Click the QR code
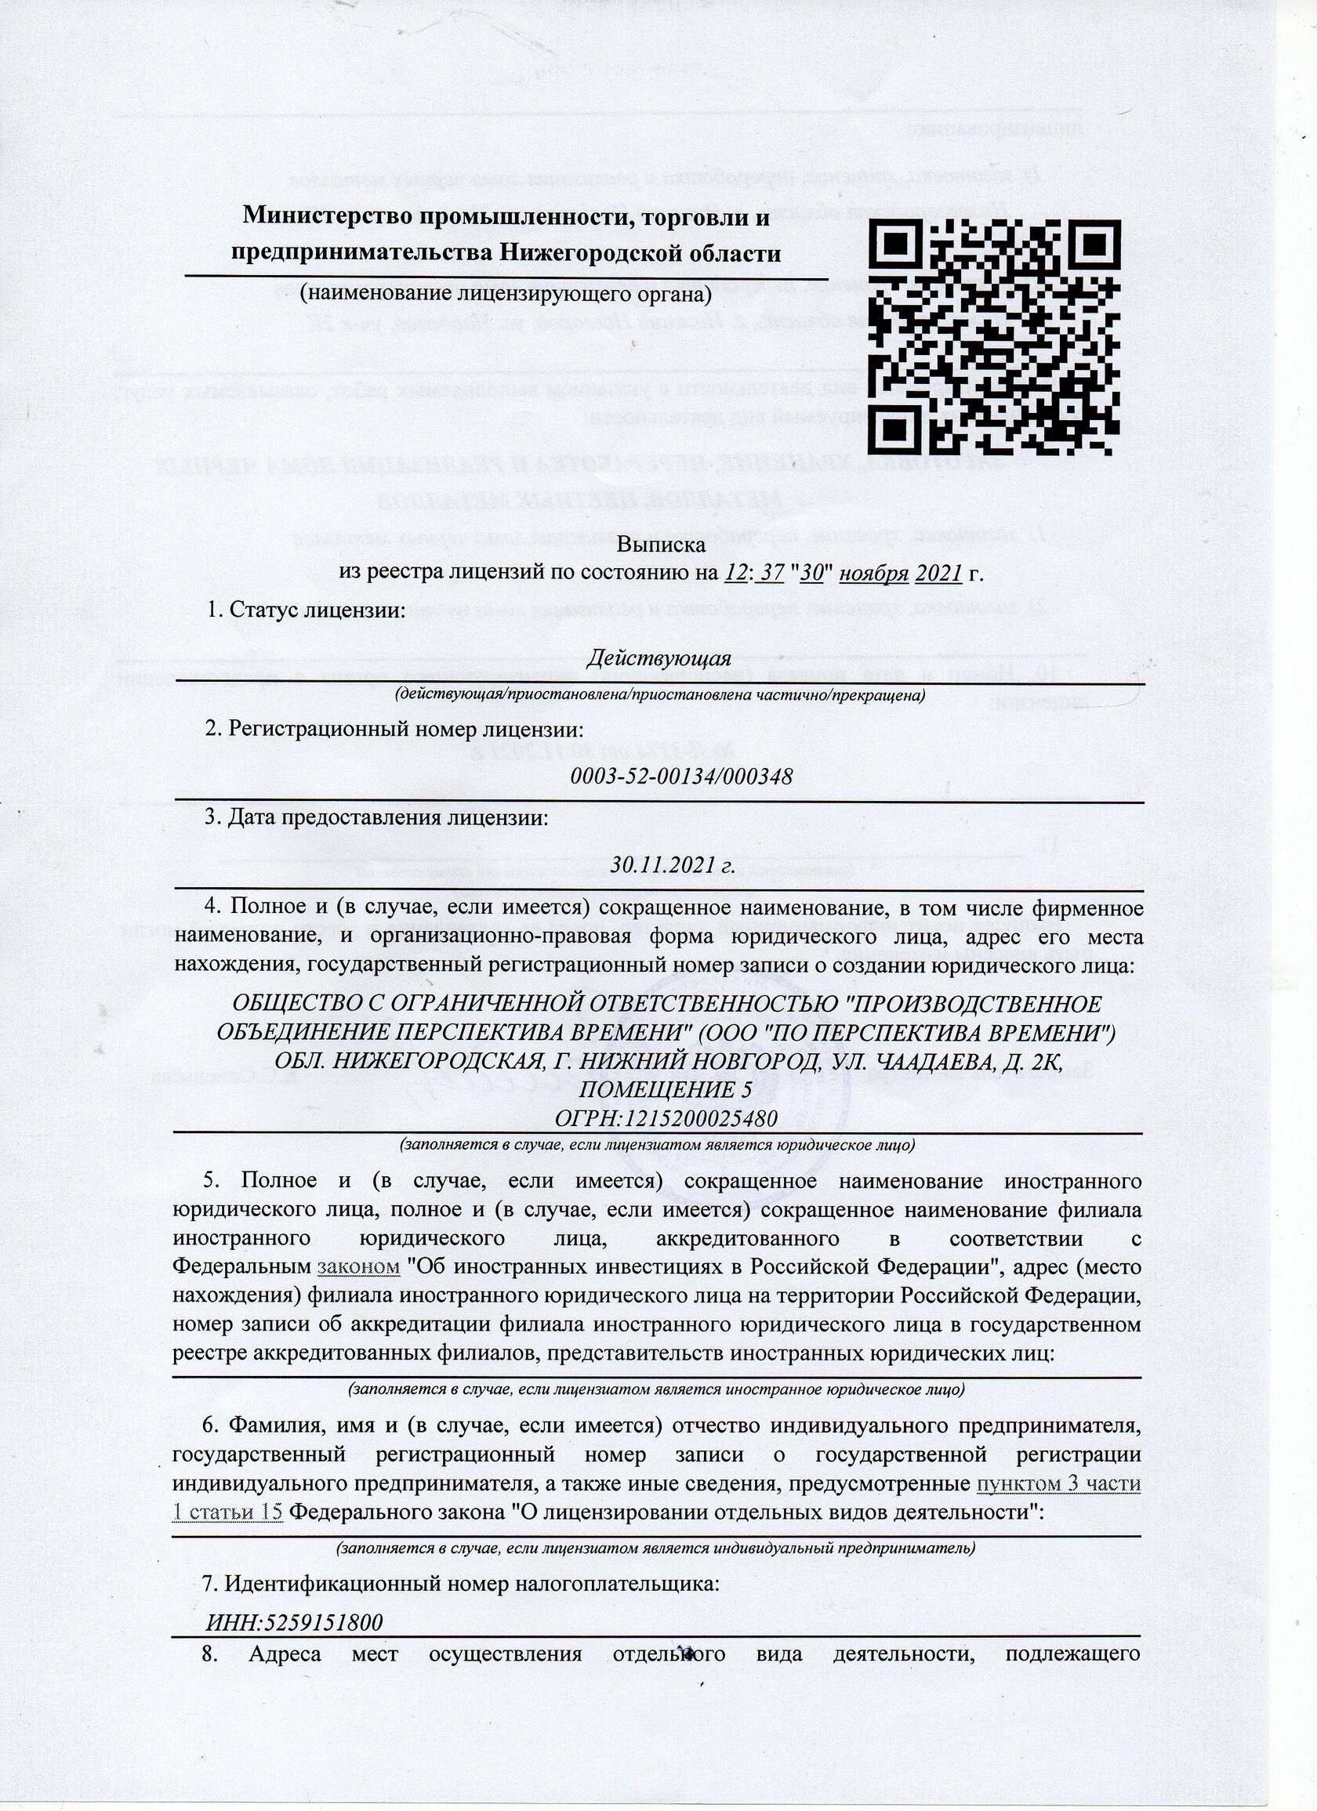pyautogui.click(x=993, y=336)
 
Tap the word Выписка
pyautogui.click(x=661, y=545)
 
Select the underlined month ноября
pyautogui.click(x=875, y=574)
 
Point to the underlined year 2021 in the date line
pyautogui.click(x=938, y=574)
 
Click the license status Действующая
pyautogui.click(x=659, y=659)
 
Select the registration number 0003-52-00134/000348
pyautogui.click(x=681, y=776)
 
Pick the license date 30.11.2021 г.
pyautogui.click(x=673, y=865)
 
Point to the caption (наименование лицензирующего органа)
pyautogui.click(x=505, y=294)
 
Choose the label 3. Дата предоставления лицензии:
pyautogui.click(x=376, y=817)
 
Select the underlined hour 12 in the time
pyautogui.click(x=735, y=574)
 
